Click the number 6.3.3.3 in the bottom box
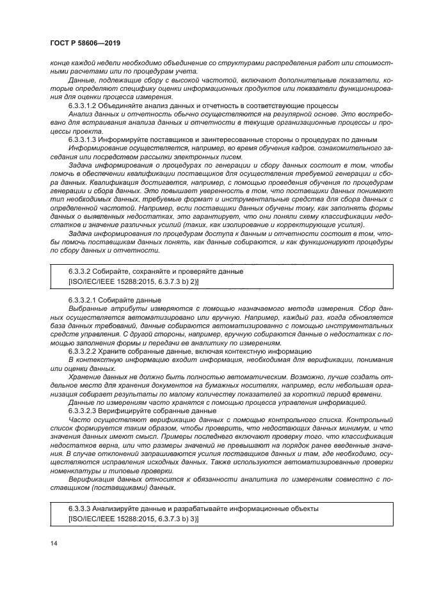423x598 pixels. [80, 508]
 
